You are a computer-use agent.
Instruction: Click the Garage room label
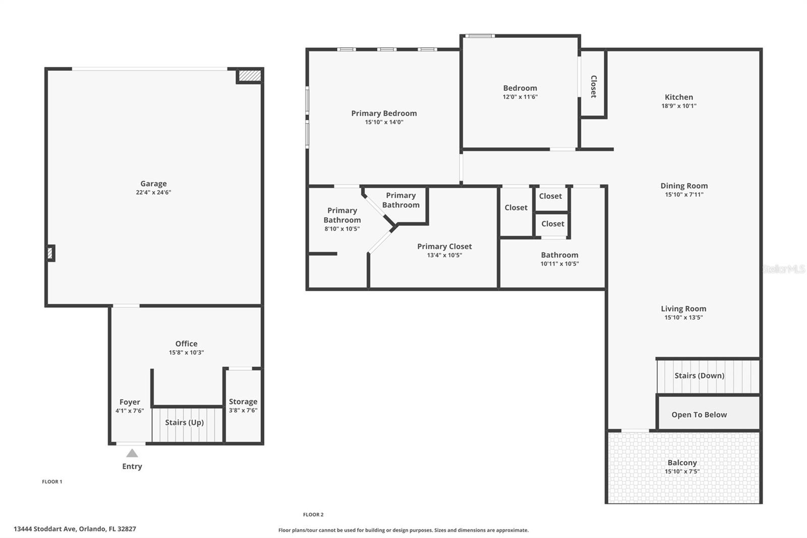[153, 184]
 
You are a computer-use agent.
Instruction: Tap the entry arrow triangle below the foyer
[132, 453]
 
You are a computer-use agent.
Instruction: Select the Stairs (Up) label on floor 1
[185, 422]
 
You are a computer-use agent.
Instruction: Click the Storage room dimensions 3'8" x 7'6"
[243, 410]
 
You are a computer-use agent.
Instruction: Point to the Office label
[186, 344]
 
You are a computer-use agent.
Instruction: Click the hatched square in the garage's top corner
[250, 76]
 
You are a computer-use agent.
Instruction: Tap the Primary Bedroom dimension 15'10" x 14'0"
[384, 122]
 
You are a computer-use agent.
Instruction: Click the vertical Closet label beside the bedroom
[594, 86]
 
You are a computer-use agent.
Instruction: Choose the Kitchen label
[679, 97]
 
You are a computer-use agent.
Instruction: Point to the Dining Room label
[684, 186]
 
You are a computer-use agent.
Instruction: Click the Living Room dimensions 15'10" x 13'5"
[683, 317]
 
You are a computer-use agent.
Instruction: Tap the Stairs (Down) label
[699, 375]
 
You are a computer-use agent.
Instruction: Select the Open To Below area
[699, 414]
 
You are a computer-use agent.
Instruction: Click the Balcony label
[682, 463]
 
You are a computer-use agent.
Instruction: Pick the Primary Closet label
[444, 246]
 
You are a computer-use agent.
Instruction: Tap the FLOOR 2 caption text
[313, 515]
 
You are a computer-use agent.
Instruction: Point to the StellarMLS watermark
[783, 269]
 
